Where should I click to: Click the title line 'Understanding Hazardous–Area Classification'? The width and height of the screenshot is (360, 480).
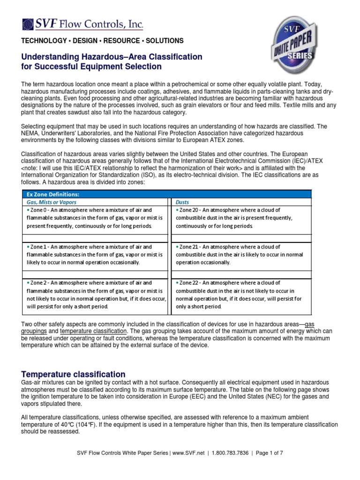pyautogui.click(x=112, y=57)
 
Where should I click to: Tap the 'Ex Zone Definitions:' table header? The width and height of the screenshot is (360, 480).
pyautogui.click(x=52, y=194)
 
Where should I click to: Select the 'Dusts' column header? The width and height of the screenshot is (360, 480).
pyautogui.click(x=183, y=202)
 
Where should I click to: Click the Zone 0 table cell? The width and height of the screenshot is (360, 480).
pyautogui.click(x=95, y=218)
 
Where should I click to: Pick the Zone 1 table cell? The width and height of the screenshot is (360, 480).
pyautogui.click(x=95, y=255)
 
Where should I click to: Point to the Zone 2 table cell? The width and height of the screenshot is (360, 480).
pyautogui.click(x=95, y=294)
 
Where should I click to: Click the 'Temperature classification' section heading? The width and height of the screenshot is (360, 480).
pyautogui.click(x=74, y=374)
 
